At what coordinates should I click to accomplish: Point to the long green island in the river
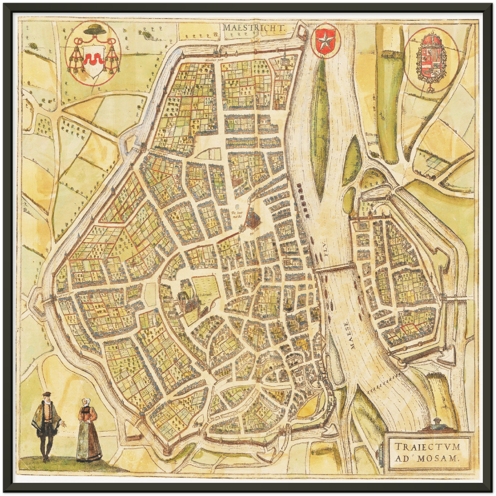point(321,127)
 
